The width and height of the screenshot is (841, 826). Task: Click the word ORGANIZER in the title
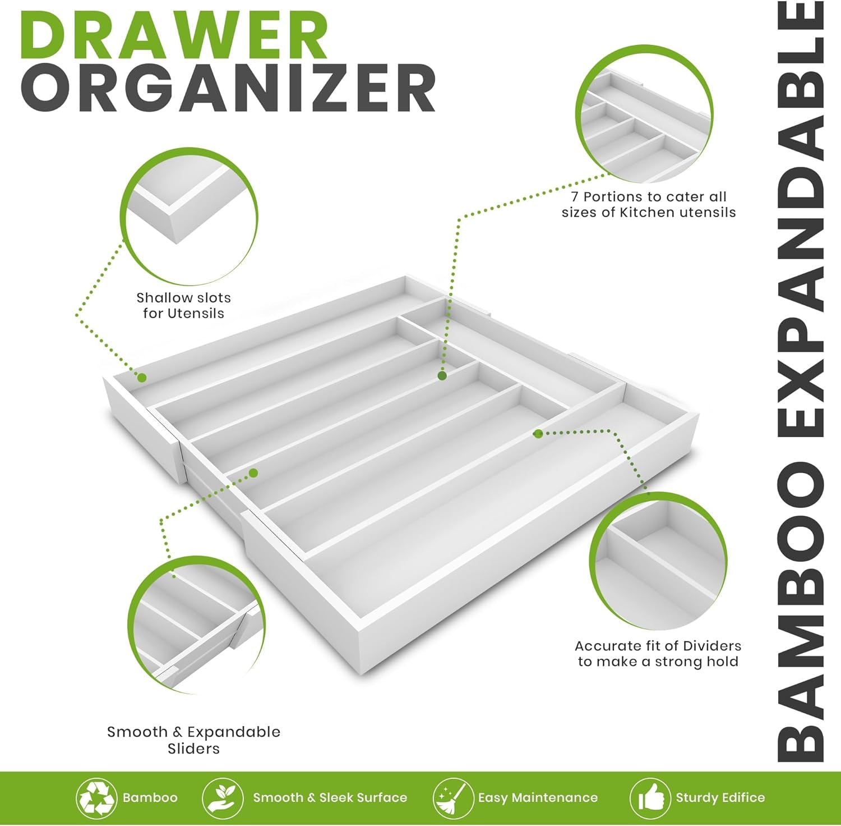(x=228, y=89)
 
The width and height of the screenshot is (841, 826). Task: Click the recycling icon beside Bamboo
(x=96, y=797)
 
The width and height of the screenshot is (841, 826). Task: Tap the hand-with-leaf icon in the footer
(x=223, y=797)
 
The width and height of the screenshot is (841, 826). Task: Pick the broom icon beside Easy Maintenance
(x=453, y=797)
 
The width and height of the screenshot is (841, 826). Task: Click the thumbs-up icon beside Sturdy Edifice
(x=650, y=797)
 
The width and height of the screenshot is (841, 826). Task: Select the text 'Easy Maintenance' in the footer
(x=538, y=797)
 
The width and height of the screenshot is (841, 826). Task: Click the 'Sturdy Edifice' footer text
(x=720, y=797)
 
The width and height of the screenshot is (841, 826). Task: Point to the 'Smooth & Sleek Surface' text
(x=330, y=797)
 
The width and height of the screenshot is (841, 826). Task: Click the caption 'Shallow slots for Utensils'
(x=183, y=305)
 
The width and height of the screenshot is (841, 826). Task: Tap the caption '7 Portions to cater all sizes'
(x=649, y=204)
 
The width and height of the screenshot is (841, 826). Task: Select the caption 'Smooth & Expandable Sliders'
(x=193, y=740)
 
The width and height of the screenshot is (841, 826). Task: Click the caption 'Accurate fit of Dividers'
(x=658, y=654)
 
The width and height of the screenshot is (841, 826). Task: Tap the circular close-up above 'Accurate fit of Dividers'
(x=658, y=561)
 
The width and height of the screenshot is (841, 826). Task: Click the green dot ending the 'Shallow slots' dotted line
(x=142, y=378)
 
